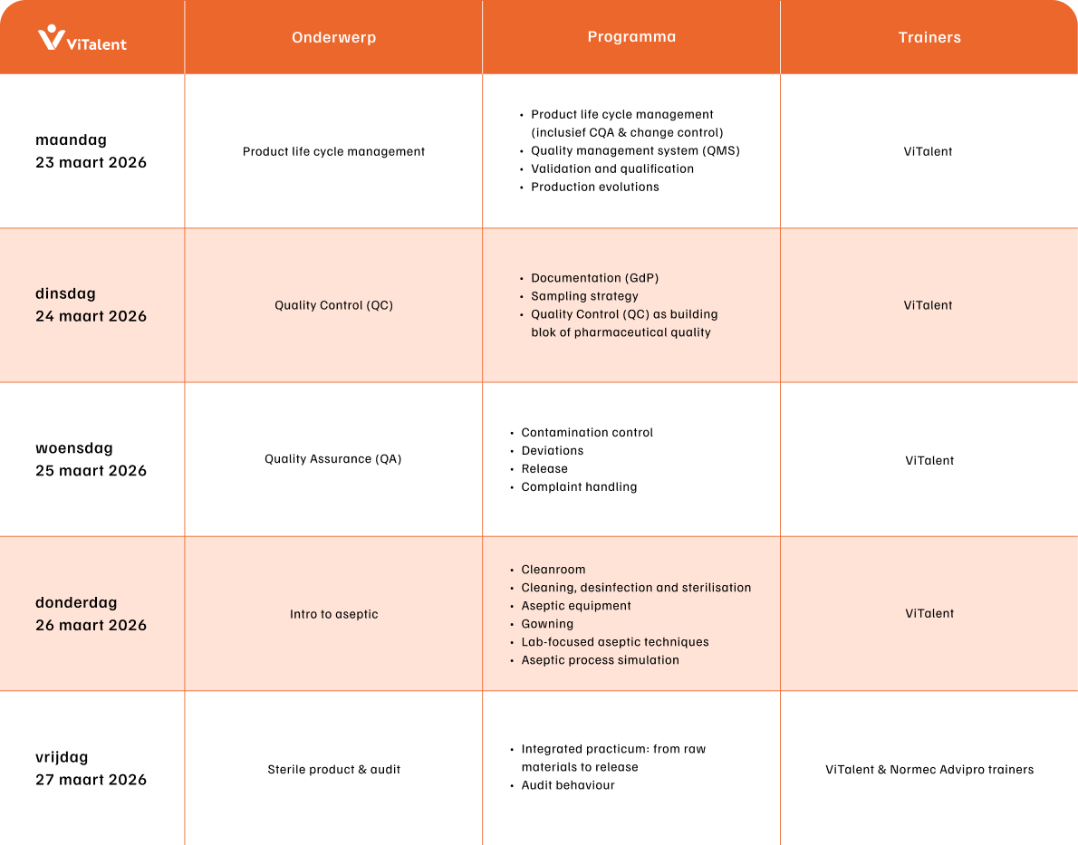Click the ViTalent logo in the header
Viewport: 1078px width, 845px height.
click(x=82, y=38)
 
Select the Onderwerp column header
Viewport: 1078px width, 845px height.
click(x=333, y=38)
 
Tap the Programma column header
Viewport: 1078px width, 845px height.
click(x=631, y=37)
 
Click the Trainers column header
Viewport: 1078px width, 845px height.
click(x=929, y=38)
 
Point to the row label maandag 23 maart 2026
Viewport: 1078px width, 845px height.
click(x=91, y=151)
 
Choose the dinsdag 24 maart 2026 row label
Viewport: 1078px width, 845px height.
click(x=91, y=305)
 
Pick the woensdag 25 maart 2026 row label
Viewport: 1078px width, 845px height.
click(x=91, y=459)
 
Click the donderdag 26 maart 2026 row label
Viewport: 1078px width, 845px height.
click(x=91, y=613)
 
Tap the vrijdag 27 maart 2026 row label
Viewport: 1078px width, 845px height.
click(x=91, y=768)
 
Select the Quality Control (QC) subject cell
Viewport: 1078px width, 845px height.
click(x=333, y=305)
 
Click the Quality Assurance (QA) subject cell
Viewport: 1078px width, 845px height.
click(x=333, y=459)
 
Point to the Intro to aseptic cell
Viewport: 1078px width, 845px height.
click(x=333, y=614)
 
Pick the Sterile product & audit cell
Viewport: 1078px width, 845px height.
click(x=333, y=770)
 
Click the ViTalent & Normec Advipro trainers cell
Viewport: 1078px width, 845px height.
click(x=929, y=770)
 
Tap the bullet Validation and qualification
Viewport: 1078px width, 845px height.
click(x=612, y=168)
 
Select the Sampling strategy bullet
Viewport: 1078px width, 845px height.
click(x=584, y=296)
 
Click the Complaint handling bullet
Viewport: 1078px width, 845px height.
click(x=579, y=486)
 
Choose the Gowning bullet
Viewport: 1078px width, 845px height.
click(x=547, y=623)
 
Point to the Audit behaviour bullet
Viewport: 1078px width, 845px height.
click(x=568, y=785)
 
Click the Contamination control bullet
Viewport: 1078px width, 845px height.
click(x=587, y=432)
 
